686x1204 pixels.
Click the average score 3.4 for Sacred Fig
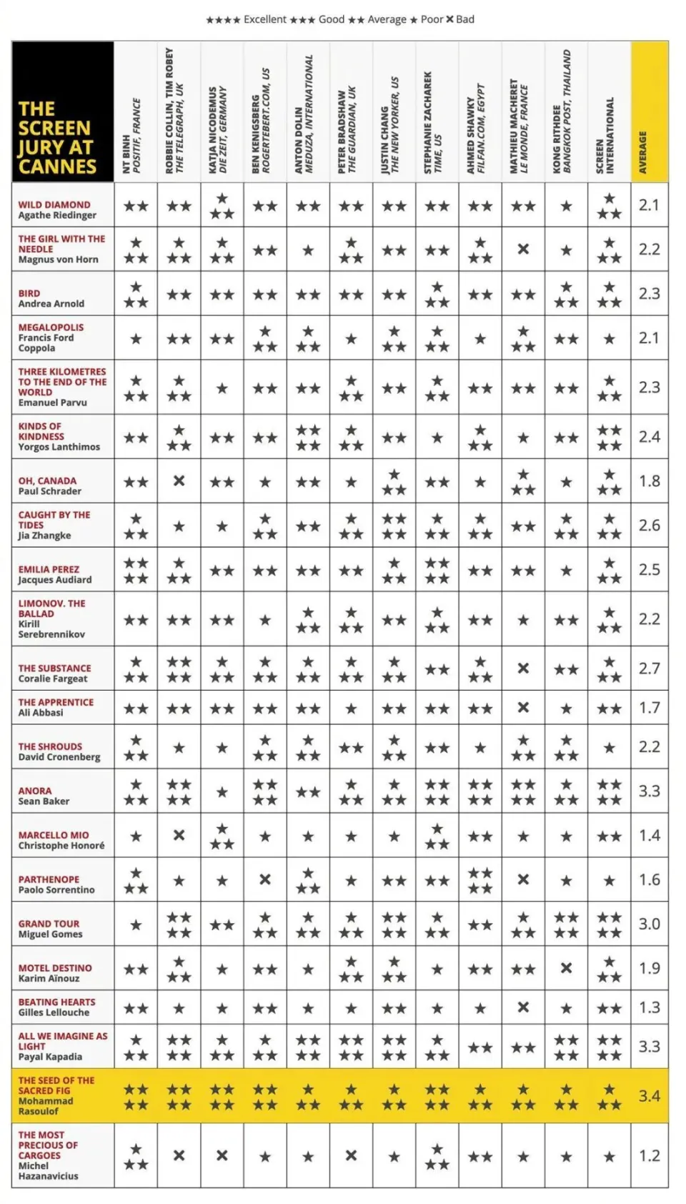coord(649,1095)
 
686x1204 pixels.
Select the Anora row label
coord(44,796)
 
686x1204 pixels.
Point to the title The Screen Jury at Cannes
coord(56,137)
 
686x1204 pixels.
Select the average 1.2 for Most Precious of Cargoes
coord(649,1155)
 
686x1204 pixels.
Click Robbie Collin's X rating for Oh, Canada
coord(179,481)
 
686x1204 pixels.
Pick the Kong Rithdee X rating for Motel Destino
coord(566,968)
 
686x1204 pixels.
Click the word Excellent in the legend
coord(264,19)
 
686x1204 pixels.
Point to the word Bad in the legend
coord(465,19)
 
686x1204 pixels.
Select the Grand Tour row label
coord(49,929)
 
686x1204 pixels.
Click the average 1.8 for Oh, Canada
coord(649,481)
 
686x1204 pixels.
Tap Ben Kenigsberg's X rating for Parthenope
coord(265,879)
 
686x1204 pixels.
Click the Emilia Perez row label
coord(54,574)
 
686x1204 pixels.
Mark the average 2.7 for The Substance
coord(649,668)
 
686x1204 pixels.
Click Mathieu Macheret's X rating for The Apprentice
coord(523,708)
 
